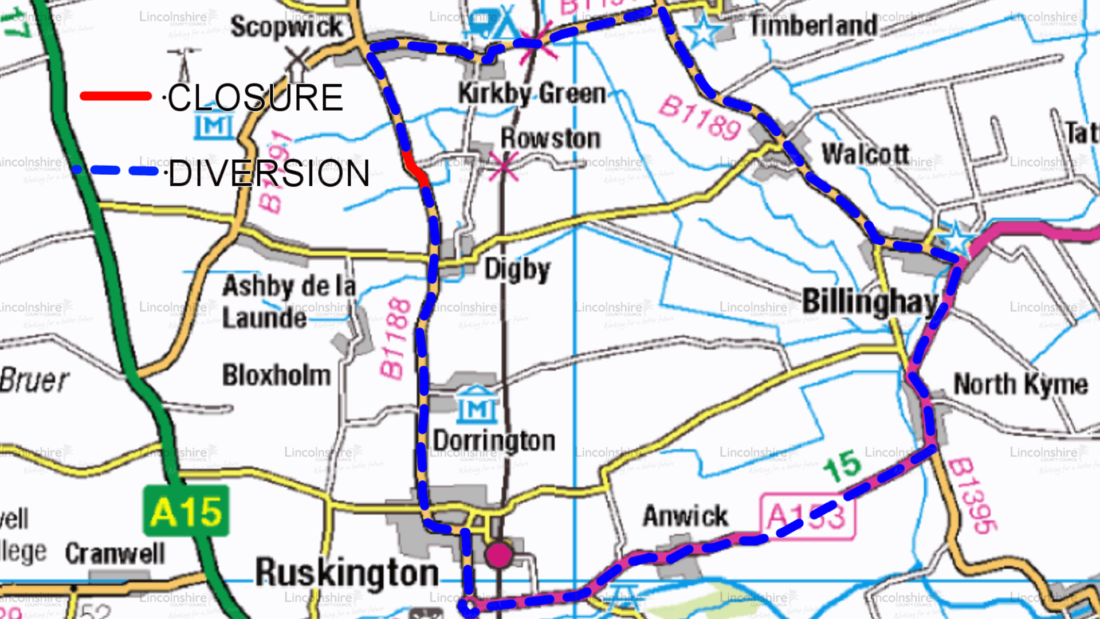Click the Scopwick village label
[286, 27]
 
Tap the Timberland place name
[814, 26]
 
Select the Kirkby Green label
[532, 93]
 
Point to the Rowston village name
[551, 138]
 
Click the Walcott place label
[865, 154]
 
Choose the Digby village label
[517, 269]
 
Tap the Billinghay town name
[870, 301]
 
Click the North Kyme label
[1020, 384]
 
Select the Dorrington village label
[494, 441]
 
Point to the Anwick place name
[685, 516]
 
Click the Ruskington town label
[347, 572]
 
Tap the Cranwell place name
[115, 553]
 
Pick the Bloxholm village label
[277, 375]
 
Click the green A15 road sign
[186, 511]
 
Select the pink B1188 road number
[395, 339]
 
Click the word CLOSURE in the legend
[255, 97]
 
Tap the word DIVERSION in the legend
[269, 174]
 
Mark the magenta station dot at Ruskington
[499, 555]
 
